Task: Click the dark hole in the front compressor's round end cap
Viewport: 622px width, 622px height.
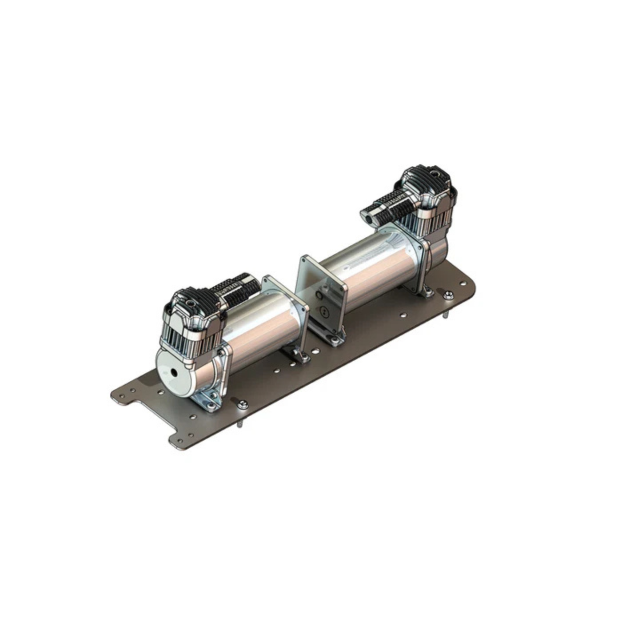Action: tap(173, 372)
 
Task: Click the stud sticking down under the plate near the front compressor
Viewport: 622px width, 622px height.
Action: tap(240, 424)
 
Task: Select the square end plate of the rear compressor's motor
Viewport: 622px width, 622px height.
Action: tap(322, 293)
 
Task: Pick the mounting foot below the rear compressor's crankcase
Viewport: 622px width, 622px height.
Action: tap(427, 291)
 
